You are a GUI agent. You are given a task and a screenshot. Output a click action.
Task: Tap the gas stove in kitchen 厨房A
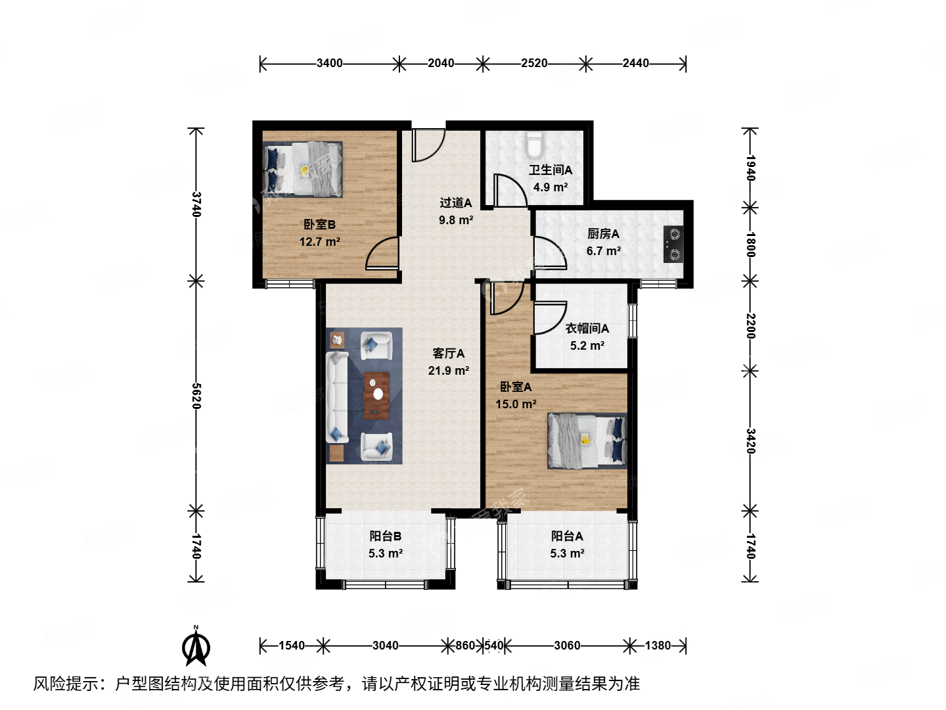coord(673,244)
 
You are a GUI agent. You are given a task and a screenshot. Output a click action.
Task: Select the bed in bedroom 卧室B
coord(304,170)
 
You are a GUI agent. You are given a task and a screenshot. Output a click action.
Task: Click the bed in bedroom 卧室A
coord(587,440)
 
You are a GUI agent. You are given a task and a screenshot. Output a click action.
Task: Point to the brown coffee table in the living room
coord(376,395)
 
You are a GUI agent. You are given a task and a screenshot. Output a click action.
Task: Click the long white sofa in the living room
coord(337,397)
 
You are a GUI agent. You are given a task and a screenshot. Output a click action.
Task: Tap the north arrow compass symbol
coord(196,647)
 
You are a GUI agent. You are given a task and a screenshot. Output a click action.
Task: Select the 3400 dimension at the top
coord(329,63)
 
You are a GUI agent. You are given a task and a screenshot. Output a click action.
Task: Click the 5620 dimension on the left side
coord(196,396)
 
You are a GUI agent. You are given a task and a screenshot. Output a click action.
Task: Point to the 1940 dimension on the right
coord(750,168)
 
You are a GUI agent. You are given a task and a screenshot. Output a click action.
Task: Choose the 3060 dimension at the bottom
coord(566,646)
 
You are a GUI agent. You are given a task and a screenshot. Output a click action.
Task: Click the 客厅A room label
coord(449,354)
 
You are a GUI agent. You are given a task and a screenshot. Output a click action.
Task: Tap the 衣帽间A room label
coord(587,328)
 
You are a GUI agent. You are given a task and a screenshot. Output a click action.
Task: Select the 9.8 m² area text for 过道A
coord(456,220)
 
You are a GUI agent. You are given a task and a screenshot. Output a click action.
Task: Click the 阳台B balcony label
coord(386,536)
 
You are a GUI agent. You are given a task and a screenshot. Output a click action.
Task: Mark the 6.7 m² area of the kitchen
coord(603,251)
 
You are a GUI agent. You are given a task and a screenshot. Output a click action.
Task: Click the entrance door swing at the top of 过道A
coord(427,145)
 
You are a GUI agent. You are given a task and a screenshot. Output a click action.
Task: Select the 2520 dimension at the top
coord(534,63)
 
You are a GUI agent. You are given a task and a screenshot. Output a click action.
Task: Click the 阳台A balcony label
coord(567,536)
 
